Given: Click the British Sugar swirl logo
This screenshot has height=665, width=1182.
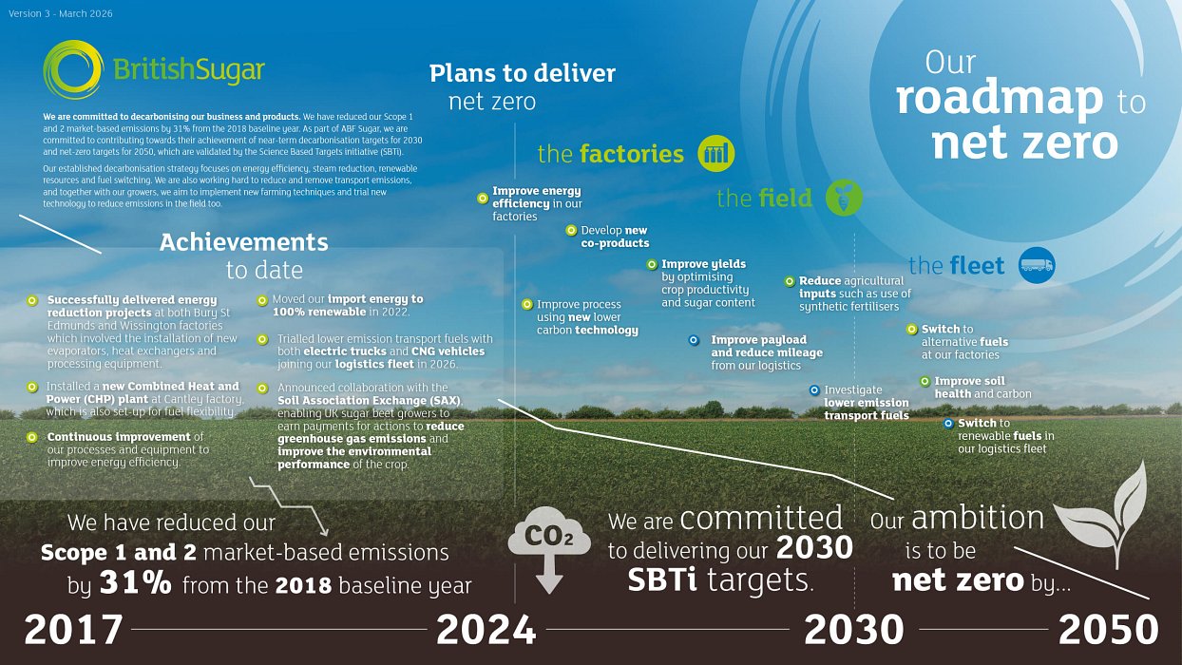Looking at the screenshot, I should pos(72,68).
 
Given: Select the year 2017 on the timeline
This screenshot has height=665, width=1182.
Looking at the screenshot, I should pos(73,630).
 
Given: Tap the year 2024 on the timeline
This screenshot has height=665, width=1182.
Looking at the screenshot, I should pos(486,630).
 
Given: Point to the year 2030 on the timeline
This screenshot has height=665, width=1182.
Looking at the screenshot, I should pos(854,630).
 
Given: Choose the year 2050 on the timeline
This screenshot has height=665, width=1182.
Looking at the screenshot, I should pos(1108,630).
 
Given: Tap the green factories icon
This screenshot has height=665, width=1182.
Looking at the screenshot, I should pos(715,153).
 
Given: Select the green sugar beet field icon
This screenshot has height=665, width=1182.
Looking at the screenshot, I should pos(843,198).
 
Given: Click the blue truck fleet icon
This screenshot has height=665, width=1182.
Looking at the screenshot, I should pos(1036,266).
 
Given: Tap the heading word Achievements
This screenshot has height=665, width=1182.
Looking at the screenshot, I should pos(243,242).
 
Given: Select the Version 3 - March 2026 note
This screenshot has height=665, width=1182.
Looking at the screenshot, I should pos(60,13).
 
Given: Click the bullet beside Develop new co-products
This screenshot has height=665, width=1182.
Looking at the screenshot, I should pos(571,230).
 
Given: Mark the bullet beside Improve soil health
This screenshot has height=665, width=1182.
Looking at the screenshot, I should pos(925,382).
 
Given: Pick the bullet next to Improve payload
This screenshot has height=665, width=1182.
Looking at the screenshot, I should pos(694,340).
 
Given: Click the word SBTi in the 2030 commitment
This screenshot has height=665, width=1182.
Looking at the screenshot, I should pos(665,580).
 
